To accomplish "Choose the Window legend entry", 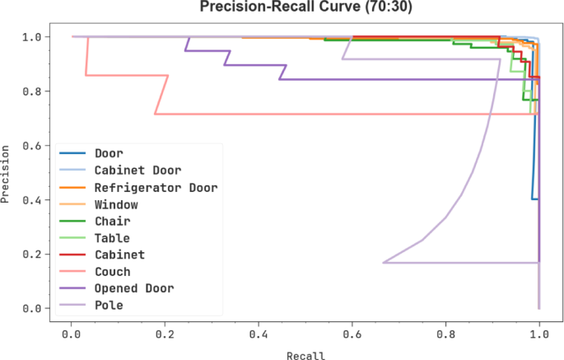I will (x=116, y=204).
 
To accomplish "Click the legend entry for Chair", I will (x=112, y=221).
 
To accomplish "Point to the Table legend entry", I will (x=112, y=238).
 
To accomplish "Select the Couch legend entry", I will (x=112, y=272).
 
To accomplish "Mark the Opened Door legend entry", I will (x=133, y=288).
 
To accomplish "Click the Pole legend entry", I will (x=108, y=306).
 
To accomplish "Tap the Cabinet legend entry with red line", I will (x=119, y=255).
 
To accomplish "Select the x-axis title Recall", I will (x=305, y=355).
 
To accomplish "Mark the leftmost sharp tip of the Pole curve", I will (x=384, y=263).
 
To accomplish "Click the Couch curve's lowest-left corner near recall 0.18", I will (x=156, y=114).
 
